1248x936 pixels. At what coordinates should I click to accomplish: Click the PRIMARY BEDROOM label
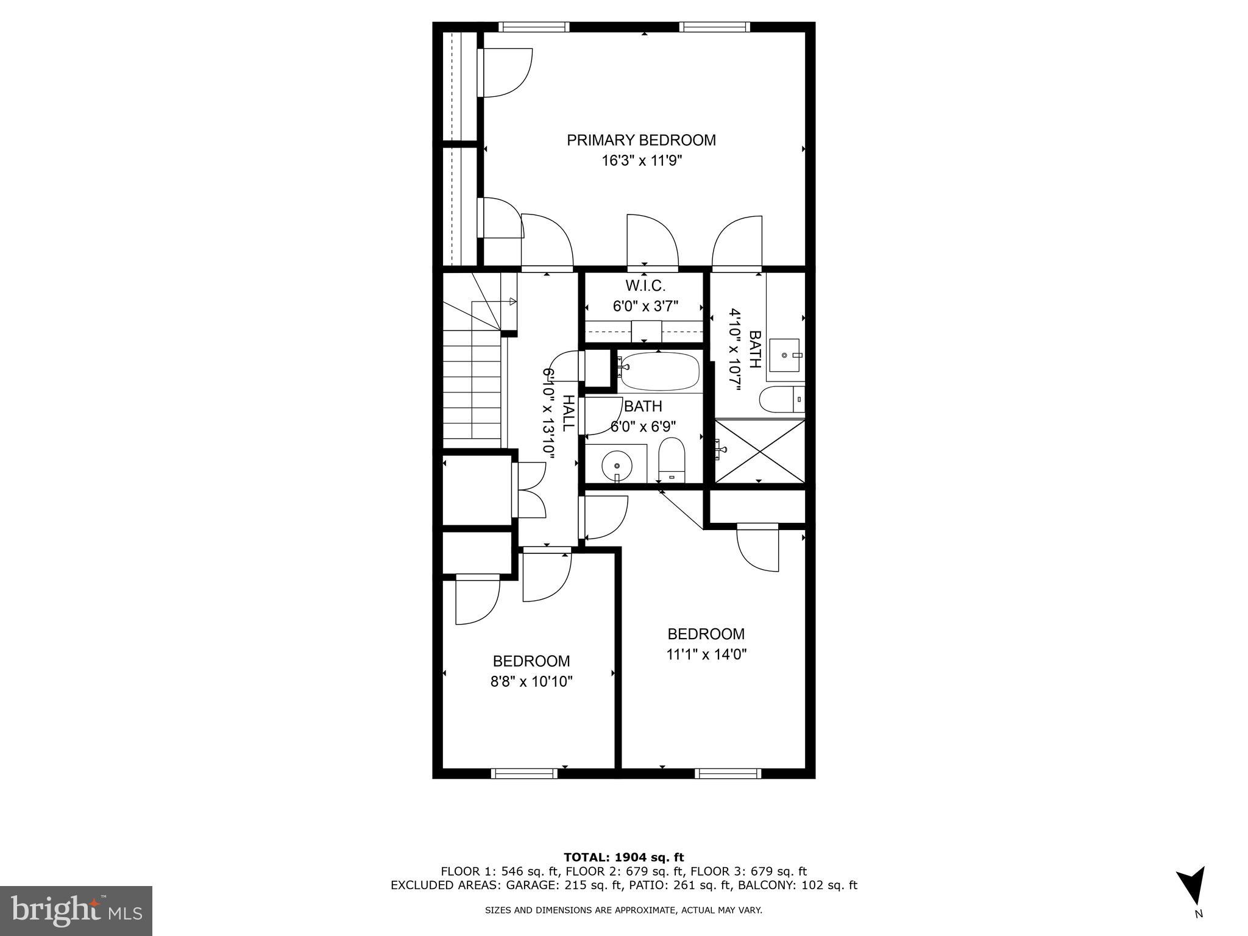[x=641, y=140]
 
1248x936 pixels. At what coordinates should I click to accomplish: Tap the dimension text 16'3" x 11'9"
[x=641, y=161]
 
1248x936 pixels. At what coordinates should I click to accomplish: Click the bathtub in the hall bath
[x=659, y=372]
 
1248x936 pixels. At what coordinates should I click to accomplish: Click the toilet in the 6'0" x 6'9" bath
[x=672, y=458]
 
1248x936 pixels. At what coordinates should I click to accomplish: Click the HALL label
[x=567, y=413]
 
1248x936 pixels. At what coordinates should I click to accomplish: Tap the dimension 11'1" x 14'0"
[x=706, y=654]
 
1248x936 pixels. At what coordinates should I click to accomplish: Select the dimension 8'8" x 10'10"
[x=531, y=681]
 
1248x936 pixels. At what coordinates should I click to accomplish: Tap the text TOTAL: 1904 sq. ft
[x=623, y=857]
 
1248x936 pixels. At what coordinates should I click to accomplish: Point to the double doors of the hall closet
[x=530, y=490]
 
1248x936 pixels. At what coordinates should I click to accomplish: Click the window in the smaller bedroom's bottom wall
[x=524, y=773]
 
